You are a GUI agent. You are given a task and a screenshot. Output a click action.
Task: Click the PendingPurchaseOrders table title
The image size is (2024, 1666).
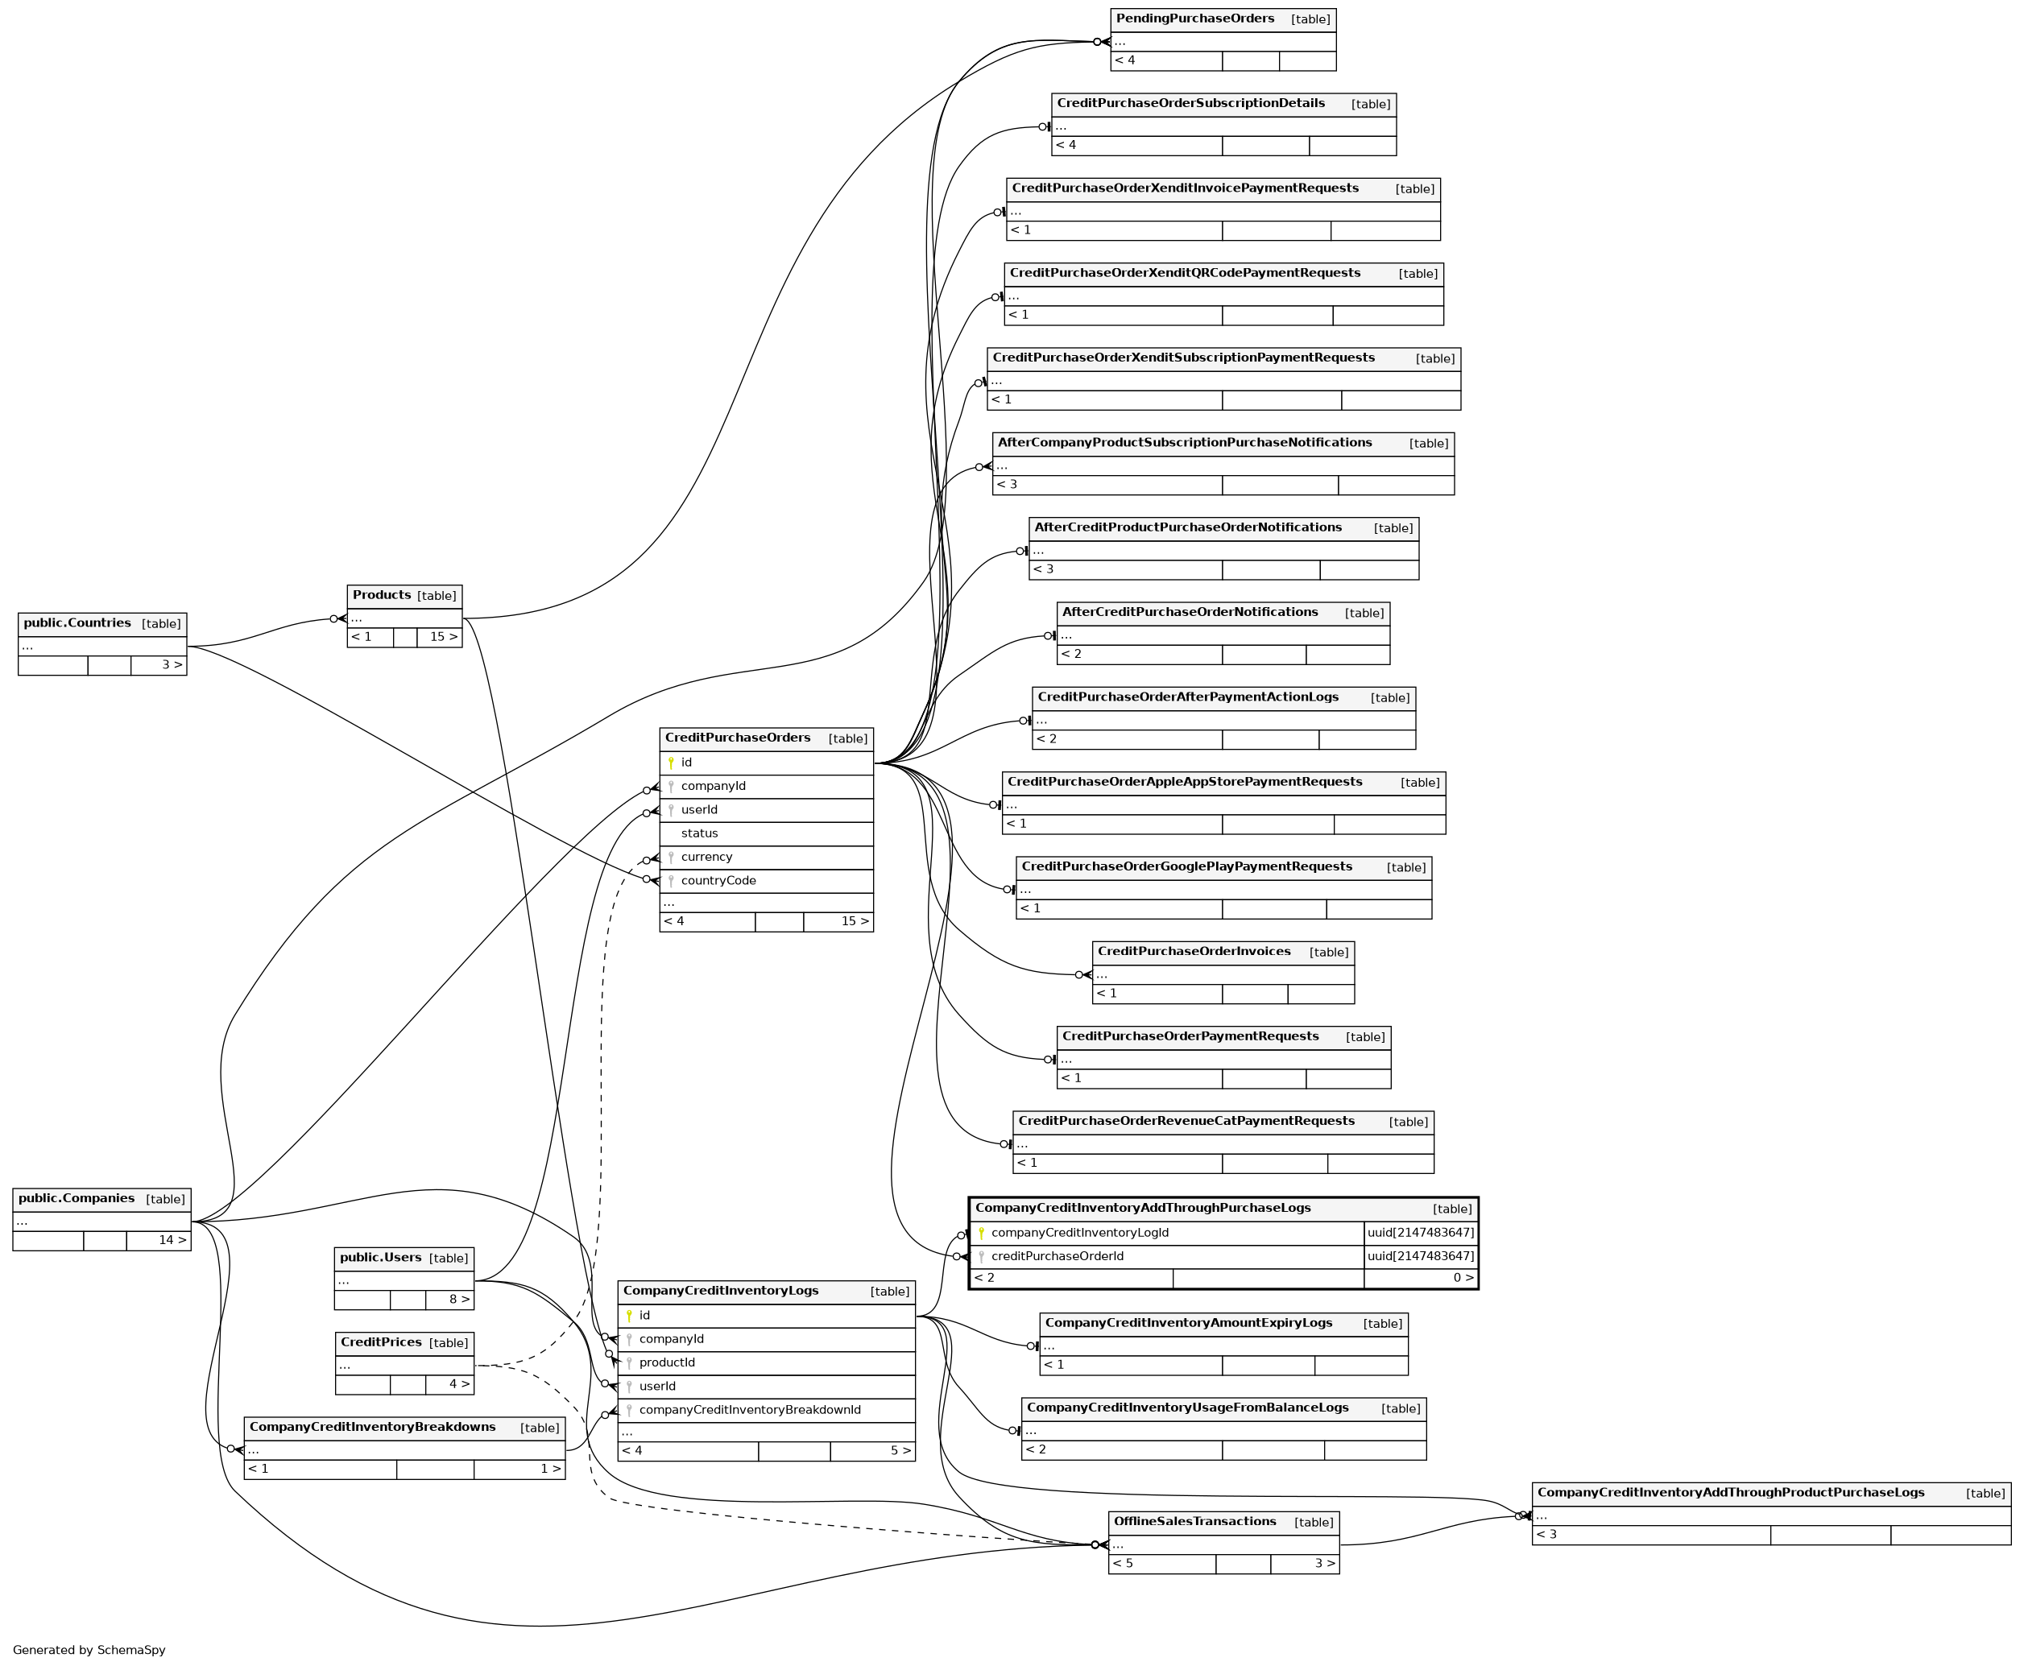(x=1194, y=19)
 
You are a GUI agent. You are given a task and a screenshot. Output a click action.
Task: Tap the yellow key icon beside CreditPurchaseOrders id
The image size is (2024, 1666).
(x=671, y=763)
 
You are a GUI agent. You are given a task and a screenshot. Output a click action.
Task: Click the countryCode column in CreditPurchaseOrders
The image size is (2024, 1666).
(x=718, y=880)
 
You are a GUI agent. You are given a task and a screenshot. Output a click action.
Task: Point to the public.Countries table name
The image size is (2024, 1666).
(x=77, y=622)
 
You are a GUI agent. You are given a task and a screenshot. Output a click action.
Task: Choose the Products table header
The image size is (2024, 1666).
(x=381, y=595)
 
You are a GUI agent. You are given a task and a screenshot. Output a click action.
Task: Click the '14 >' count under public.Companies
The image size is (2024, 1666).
(x=159, y=1240)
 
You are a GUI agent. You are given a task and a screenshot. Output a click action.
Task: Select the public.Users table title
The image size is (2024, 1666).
(x=380, y=1257)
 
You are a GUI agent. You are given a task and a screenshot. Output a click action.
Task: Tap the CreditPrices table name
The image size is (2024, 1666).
(x=380, y=1341)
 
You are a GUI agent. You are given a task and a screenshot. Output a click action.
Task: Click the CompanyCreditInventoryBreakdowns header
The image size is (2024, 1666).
(x=372, y=1427)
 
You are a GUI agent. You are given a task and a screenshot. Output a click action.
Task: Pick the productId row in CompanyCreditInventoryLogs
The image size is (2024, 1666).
(x=667, y=1362)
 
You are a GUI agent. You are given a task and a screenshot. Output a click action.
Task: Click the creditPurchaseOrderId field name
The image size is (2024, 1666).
(x=1057, y=1256)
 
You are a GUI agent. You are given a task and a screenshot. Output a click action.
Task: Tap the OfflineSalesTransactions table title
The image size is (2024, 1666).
(x=1194, y=1521)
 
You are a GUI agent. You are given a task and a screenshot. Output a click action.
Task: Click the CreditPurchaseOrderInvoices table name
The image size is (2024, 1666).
(x=1194, y=951)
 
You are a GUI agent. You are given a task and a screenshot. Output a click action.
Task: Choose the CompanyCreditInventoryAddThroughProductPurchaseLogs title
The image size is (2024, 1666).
(x=1730, y=1492)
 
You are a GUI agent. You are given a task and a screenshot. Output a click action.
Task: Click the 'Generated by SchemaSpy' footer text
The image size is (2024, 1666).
(x=89, y=1650)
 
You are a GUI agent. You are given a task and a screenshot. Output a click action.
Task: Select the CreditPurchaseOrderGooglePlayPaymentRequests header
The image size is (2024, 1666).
(x=1186, y=866)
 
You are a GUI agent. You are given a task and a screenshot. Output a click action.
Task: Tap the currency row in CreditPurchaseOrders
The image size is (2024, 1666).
(x=706, y=857)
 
